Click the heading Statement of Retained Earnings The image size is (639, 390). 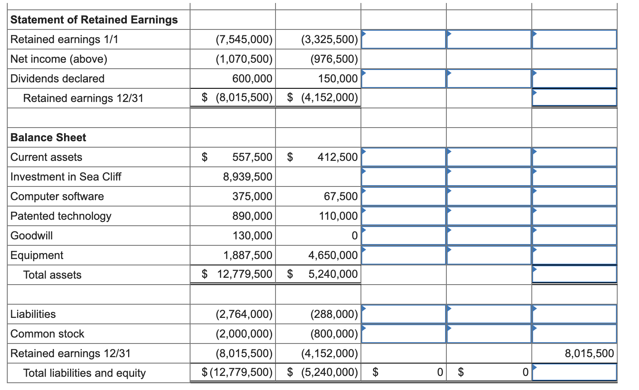pyautogui.click(x=94, y=20)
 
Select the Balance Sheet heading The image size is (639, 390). pyautogui.click(x=48, y=137)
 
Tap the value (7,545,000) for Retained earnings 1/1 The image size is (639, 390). pyautogui.click(x=244, y=39)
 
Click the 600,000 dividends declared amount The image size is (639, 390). pyautogui.click(x=252, y=79)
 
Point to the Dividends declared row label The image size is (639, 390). pyautogui.click(x=57, y=79)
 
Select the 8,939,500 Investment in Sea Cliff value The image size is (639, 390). pyautogui.click(x=247, y=177)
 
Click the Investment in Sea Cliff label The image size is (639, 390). pyautogui.click(x=66, y=177)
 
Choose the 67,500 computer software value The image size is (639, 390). pyautogui.click(x=340, y=196)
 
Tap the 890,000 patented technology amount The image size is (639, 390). pyautogui.click(x=252, y=216)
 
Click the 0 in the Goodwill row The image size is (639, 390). pyautogui.click(x=354, y=236)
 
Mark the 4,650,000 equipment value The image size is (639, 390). pyautogui.click(x=333, y=255)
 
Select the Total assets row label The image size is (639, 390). pyautogui.click(x=52, y=275)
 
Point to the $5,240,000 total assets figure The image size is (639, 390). pyautogui.click(x=333, y=274)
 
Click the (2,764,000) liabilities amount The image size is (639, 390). pyautogui.click(x=244, y=314)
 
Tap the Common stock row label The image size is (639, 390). pyautogui.click(x=47, y=334)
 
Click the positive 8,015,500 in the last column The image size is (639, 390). pyautogui.click(x=589, y=353)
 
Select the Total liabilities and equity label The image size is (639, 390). pyautogui.click(x=84, y=373)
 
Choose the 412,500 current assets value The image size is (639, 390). pyautogui.click(x=337, y=157)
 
